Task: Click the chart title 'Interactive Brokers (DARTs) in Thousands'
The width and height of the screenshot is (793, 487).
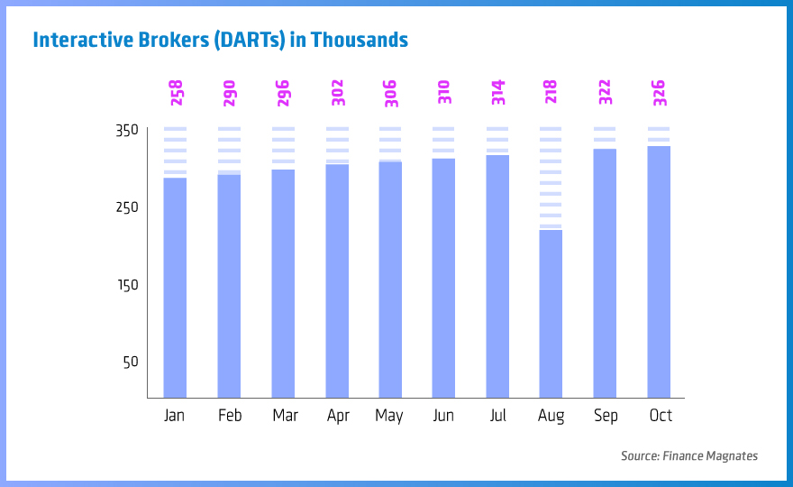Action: pos(221,40)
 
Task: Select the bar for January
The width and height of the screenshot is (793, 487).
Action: pos(175,288)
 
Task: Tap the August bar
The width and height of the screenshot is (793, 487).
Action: pos(551,314)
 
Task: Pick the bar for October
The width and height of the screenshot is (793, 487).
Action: pos(659,271)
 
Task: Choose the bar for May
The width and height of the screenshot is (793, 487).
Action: pos(390,280)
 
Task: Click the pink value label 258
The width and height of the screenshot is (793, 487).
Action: pos(177,93)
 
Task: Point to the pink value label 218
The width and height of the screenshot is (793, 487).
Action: pos(551,92)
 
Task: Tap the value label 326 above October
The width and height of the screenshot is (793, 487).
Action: pos(660,93)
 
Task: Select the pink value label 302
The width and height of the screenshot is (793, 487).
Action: pos(338,93)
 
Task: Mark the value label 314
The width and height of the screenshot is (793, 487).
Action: pos(498,92)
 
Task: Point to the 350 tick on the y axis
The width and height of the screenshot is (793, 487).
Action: pos(127,131)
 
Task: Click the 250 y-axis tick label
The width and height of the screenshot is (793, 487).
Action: pos(127,207)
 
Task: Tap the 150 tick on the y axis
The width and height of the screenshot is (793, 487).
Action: pos(127,285)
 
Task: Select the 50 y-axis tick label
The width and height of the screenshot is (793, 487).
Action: pos(131,362)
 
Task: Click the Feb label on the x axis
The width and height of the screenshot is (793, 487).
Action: pos(230,416)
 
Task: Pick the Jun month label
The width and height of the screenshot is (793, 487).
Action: pos(443,416)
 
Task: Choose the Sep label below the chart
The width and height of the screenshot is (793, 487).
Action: pos(606,417)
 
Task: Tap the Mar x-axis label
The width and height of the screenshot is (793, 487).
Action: pos(286,416)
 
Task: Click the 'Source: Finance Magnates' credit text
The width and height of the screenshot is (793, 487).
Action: pos(689,456)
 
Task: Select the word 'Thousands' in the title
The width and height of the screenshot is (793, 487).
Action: pos(359,40)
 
